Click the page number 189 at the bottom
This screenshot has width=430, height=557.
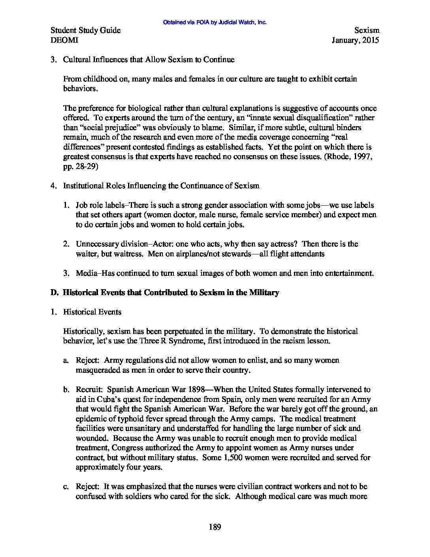(215, 527)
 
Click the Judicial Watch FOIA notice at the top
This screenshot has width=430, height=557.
(215, 23)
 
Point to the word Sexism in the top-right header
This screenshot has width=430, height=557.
(367, 30)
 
